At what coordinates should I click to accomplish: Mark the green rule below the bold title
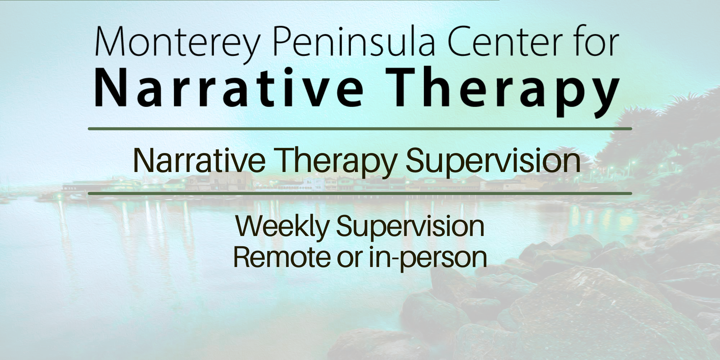[360, 129]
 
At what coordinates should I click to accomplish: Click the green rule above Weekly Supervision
[360, 193]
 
